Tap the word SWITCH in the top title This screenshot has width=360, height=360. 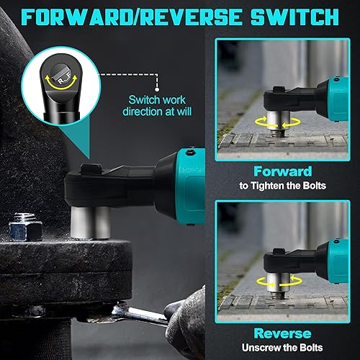(x=295, y=17)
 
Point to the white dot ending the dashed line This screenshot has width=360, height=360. (x=157, y=89)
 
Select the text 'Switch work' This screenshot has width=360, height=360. (x=157, y=100)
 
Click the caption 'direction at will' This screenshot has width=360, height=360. (x=157, y=112)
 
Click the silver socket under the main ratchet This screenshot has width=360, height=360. (x=91, y=222)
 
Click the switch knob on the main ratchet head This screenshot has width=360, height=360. (x=91, y=168)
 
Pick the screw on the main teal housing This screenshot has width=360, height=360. (x=191, y=152)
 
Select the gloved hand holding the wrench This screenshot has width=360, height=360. (x=186, y=319)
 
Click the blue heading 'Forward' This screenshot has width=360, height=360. (x=283, y=171)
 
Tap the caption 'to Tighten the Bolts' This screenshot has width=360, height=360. (x=283, y=186)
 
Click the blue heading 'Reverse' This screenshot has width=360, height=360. (x=283, y=333)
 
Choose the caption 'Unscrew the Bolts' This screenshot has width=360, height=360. (x=282, y=348)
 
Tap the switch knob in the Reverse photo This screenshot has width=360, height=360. (x=279, y=251)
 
